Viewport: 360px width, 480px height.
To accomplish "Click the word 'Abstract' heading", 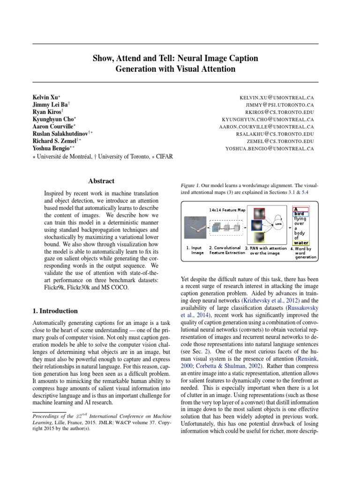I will tap(101, 181).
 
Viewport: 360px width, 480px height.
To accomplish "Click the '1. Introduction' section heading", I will tap(55, 311).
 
